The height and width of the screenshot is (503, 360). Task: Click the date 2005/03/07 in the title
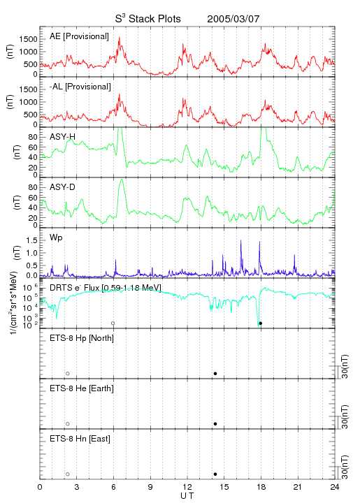coord(233,19)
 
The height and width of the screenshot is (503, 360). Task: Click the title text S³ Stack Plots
coord(147,19)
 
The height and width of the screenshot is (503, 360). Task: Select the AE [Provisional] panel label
coord(79,36)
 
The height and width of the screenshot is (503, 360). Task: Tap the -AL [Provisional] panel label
coord(80,87)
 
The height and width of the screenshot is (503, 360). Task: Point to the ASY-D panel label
coord(62,187)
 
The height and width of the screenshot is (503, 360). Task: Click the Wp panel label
coord(56,238)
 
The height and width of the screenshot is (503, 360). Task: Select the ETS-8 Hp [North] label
coord(82,338)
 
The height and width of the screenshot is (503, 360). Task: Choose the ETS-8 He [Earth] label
coord(82,388)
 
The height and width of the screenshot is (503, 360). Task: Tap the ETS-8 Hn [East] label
coord(80,439)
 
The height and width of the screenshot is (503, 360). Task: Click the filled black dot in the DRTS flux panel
coord(261,323)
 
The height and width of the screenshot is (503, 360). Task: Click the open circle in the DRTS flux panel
coord(113,323)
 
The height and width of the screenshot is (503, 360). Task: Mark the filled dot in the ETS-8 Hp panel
coord(215,373)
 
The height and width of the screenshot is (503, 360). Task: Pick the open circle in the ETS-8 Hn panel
coord(68,474)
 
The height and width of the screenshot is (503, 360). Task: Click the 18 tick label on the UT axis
coord(261,487)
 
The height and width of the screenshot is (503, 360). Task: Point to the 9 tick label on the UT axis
coord(150,487)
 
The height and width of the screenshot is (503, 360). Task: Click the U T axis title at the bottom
coord(187,496)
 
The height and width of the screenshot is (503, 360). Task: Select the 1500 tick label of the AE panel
coord(28,39)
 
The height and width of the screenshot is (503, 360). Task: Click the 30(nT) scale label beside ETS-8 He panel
coord(345,416)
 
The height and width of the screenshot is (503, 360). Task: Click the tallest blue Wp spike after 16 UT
coord(241,240)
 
